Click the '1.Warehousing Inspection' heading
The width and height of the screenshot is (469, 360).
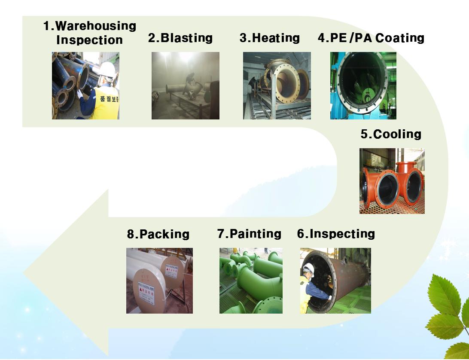[x=90, y=33]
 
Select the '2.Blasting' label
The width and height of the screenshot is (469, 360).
[x=180, y=38]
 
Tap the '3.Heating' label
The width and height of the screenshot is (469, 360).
[x=270, y=38]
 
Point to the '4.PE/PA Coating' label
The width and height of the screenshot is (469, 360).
[x=371, y=38]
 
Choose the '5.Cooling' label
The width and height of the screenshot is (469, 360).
[x=391, y=134]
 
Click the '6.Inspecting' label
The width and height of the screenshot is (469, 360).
[x=336, y=234]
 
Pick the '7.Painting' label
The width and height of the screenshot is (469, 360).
[x=249, y=234]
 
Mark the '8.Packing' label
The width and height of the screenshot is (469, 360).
[x=158, y=234]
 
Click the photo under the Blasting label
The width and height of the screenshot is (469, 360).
[x=186, y=85]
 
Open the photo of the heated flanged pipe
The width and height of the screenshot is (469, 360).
[x=277, y=85]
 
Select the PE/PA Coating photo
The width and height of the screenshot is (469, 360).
[x=363, y=85]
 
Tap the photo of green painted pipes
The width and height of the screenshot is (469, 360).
[x=251, y=281]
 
